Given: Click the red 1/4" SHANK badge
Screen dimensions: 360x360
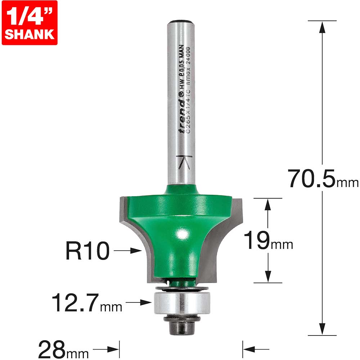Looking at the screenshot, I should point(30,22).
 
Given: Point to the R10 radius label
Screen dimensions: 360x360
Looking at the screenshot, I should point(87,251).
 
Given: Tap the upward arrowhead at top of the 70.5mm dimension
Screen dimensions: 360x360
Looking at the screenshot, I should point(323,27).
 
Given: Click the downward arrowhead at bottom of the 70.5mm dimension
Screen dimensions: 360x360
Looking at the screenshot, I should point(323,329).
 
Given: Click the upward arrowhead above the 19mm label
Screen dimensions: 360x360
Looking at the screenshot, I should point(267,205).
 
